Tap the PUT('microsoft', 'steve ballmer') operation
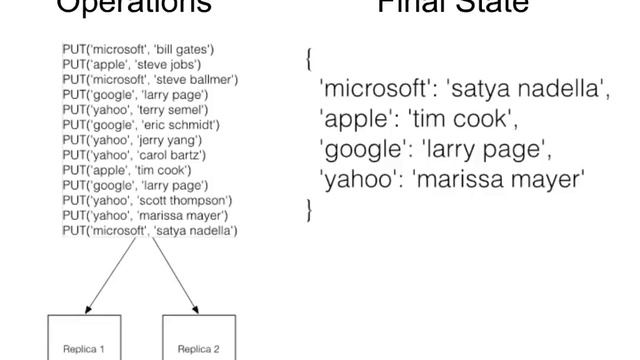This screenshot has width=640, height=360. tap(149, 78)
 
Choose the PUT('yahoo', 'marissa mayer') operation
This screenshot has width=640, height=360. tap(145, 216)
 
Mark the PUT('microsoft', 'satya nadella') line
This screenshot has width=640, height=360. tap(149, 231)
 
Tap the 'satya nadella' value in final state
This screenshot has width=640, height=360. tap(528, 90)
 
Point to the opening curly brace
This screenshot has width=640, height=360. tap(308, 59)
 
